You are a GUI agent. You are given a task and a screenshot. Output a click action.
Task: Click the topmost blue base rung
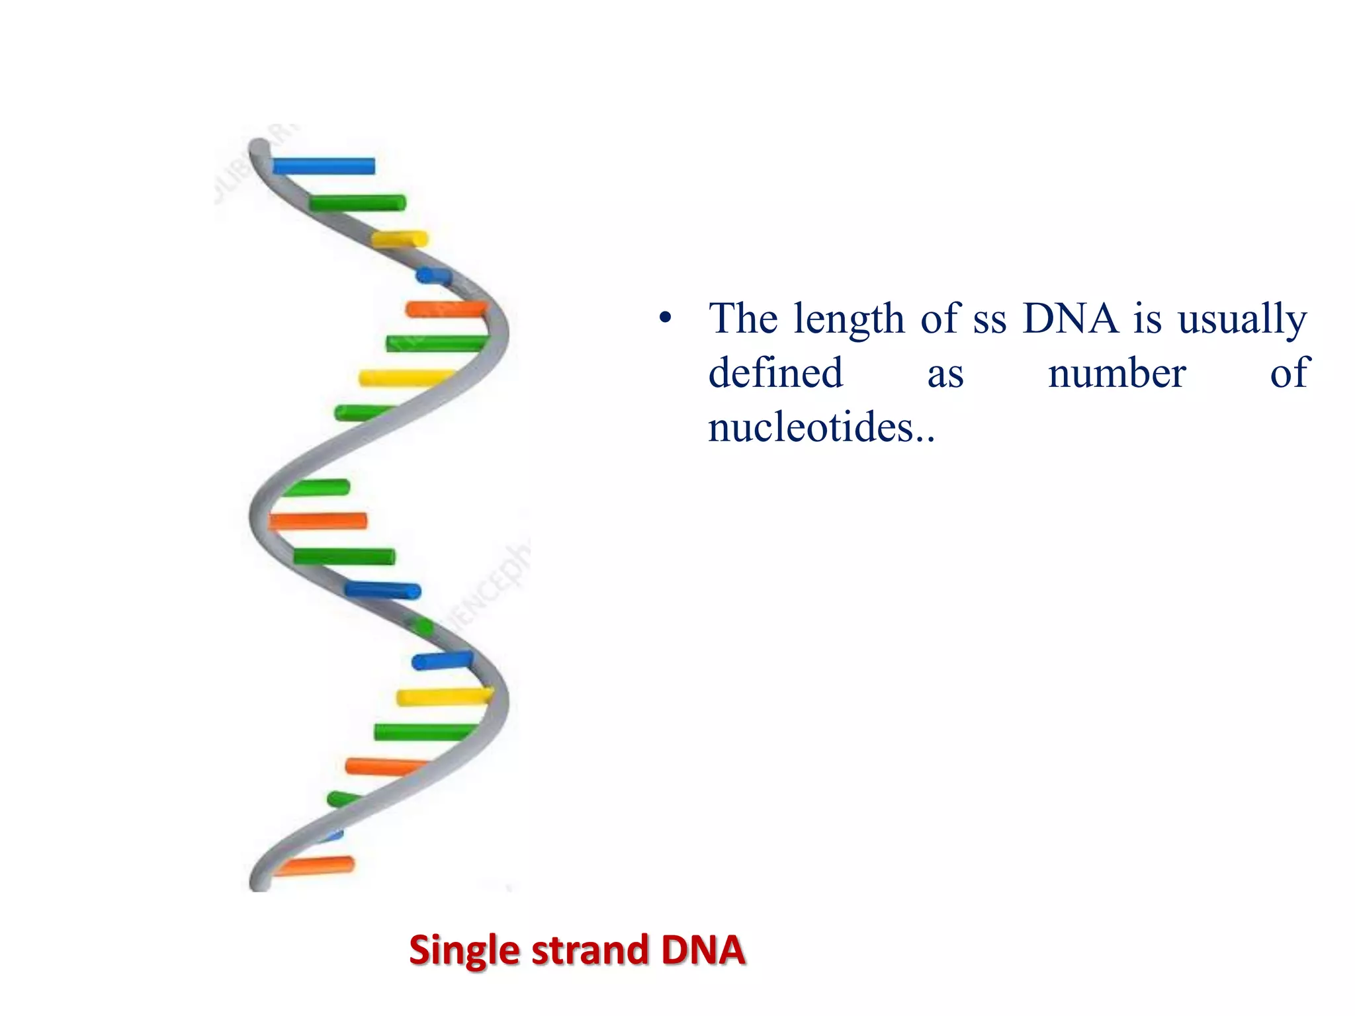tap(324, 166)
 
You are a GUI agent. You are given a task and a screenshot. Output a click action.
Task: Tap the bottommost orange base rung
tap(315, 865)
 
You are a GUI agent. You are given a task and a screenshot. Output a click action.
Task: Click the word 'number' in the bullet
tap(1117, 374)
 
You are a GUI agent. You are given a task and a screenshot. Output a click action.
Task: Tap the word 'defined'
tap(775, 373)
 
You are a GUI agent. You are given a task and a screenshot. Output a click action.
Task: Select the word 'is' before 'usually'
tap(1147, 319)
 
